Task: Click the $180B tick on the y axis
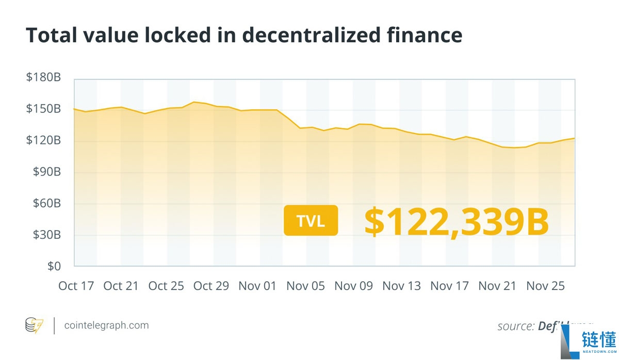click(x=43, y=78)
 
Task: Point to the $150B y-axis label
click(x=43, y=109)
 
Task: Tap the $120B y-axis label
click(x=43, y=141)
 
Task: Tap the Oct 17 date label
click(x=76, y=286)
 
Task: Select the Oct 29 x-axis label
click(x=211, y=286)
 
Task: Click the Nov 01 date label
click(x=257, y=286)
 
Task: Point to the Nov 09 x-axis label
click(x=353, y=286)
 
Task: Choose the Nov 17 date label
click(x=449, y=286)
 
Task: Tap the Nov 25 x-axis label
click(x=546, y=286)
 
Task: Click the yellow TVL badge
click(x=311, y=221)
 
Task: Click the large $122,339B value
click(x=456, y=222)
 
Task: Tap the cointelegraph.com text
click(x=106, y=325)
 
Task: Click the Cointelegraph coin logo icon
click(x=35, y=325)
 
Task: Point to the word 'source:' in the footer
click(x=515, y=326)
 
